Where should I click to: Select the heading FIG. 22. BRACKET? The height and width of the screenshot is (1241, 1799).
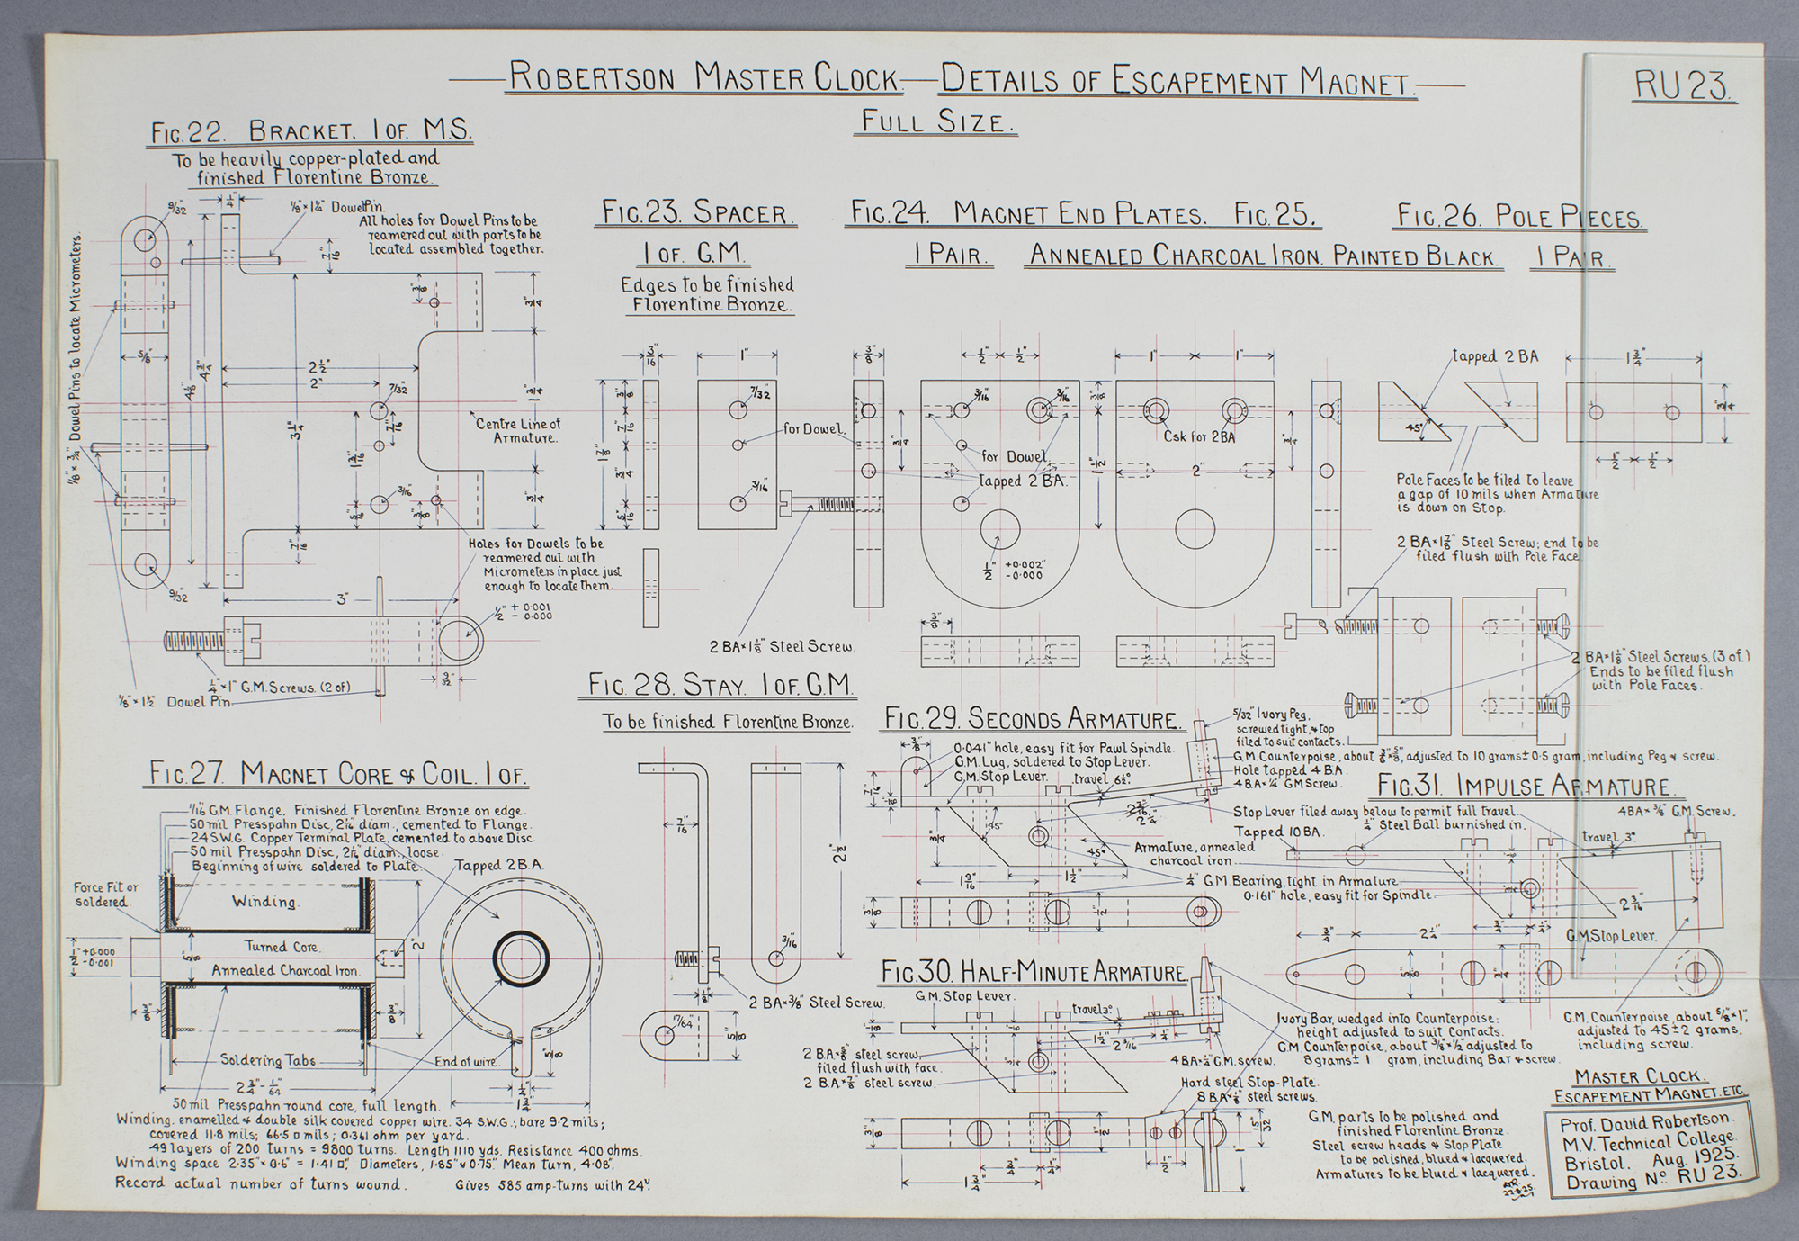[311, 131]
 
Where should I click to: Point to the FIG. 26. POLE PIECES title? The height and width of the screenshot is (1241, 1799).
[1519, 217]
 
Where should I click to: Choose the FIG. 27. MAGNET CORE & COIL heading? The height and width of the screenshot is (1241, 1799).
[338, 774]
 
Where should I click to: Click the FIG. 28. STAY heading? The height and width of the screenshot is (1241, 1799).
[720, 686]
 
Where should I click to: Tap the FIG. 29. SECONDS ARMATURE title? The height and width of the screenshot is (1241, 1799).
[1031, 719]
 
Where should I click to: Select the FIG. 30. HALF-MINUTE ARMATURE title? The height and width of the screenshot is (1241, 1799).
[1034, 973]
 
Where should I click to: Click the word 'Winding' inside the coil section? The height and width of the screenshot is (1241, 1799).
[264, 901]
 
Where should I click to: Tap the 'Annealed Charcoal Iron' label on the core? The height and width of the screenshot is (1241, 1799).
[285, 970]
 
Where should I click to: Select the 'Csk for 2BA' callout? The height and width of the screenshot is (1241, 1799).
[1199, 437]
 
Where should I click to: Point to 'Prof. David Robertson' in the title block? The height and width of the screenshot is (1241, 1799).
[1643, 1121]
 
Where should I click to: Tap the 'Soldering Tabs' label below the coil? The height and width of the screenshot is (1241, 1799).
[269, 1060]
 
